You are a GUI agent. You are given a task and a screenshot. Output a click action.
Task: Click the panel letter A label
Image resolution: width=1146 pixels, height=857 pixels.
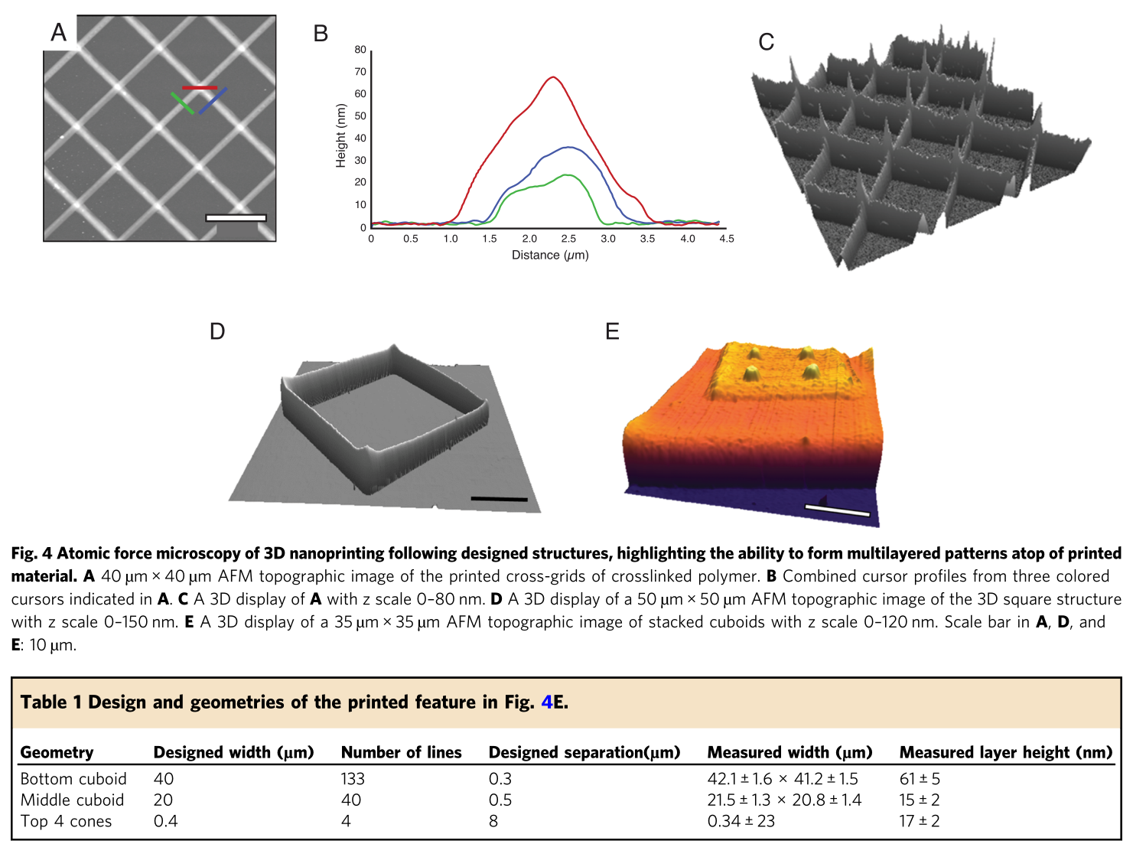pyautogui.click(x=59, y=32)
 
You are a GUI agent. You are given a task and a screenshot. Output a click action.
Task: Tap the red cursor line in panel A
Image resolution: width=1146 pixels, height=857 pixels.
pyautogui.click(x=200, y=88)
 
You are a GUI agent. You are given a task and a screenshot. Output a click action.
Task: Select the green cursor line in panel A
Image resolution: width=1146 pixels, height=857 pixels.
pyautogui.click(x=182, y=103)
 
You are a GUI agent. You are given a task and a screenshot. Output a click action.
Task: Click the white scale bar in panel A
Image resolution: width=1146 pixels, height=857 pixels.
pyautogui.click(x=236, y=218)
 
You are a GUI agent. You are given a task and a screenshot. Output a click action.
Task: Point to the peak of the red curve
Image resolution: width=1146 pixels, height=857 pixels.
pyautogui.click(x=552, y=77)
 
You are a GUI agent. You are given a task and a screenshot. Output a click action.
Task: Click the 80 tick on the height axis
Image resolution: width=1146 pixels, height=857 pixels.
pyautogui.click(x=360, y=50)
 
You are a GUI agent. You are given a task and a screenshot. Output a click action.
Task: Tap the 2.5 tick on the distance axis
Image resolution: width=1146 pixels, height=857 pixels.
pyautogui.click(x=568, y=239)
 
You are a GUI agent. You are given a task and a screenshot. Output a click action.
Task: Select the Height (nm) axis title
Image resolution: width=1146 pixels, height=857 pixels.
pyautogui.click(x=341, y=135)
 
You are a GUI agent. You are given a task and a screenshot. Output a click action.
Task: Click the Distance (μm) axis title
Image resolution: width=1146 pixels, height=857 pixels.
pyautogui.click(x=550, y=256)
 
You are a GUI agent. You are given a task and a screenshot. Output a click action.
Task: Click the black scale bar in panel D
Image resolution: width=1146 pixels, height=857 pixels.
pyautogui.click(x=499, y=499)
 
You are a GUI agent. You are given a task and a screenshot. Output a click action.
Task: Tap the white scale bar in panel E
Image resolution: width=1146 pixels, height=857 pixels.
pyautogui.click(x=837, y=510)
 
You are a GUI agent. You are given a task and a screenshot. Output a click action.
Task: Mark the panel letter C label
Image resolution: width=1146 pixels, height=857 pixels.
pyautogui.click(x=766, y=42)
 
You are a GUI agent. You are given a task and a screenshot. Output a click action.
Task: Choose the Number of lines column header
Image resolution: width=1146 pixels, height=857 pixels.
pyautogui.click(x=401, y=752)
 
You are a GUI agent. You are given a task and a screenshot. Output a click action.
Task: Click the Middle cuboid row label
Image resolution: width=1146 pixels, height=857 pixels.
pyautogui.click(x=72, y=800)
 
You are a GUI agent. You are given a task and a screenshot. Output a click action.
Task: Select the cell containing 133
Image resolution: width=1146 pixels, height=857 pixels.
pyautogui.click(x=353, y=779)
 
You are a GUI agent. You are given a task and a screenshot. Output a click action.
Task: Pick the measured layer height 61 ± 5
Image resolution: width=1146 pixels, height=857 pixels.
pyautogui.click(x=920, y=779)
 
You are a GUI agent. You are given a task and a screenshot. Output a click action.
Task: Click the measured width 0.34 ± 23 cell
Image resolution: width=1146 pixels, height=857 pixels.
pyautogui.click(x=741, y=821)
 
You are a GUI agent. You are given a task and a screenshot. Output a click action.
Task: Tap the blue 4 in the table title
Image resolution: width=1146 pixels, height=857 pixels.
pyautogui.click(x=546, y=702)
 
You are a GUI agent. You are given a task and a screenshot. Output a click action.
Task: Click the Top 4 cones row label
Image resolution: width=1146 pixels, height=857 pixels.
pyautogui.click(x=66, y=821)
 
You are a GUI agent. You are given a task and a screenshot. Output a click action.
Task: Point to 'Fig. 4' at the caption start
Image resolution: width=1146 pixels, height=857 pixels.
pyautogui.click(x=31, y=553)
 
